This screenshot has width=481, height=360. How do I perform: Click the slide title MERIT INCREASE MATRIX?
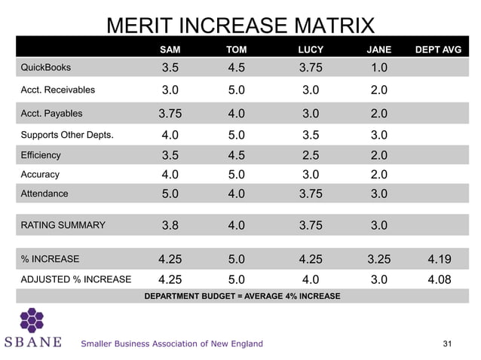[x=240, y=26]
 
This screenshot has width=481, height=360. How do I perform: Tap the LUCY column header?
[x=311, y=50]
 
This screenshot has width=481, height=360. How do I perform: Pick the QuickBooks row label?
[x=45, y=68]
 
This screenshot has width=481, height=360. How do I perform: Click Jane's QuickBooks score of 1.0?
[x=379, y=69]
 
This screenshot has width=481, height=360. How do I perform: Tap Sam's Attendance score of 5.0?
[x=170, y=194]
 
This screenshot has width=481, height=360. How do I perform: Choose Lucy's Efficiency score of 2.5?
[x=311, y=156]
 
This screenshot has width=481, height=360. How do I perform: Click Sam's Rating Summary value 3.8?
[x=170, y=225]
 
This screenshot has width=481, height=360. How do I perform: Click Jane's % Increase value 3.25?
[x=379, y=260]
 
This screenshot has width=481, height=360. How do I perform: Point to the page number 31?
[x=448, y=344]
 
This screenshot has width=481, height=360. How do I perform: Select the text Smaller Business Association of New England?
[x=172, y=344]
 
